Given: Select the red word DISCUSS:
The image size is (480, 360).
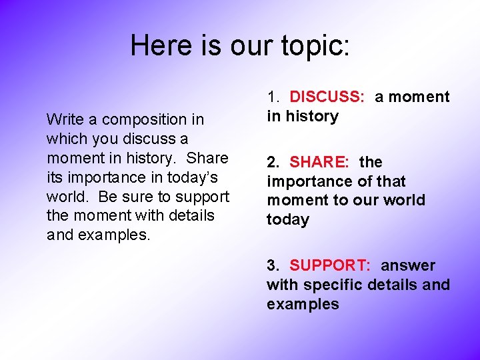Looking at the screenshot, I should (x=327, y=97).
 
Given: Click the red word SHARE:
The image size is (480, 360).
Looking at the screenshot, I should (x=319, y=162).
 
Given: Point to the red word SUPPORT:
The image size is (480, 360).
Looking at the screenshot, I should (x=329, y=265).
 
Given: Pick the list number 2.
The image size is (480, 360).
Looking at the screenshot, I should (x=272, y=162).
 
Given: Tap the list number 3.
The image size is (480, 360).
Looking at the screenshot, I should (x=272, y=265).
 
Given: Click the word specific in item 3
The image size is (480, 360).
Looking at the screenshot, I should (x=327, y=285).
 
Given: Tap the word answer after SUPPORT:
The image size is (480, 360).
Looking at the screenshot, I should (x=408, y=265).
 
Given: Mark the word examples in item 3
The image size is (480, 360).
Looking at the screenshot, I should (x=303, y=304).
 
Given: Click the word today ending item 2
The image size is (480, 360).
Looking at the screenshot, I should (x=288, y=220).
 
